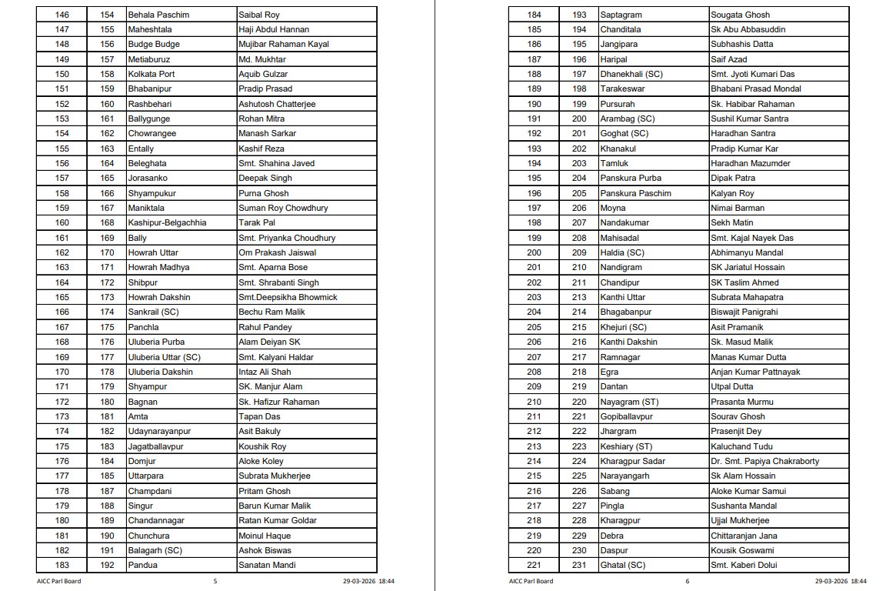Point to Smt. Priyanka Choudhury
pos(287,238)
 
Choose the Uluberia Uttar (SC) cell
pos(164,357)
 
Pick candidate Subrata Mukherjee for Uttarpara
pos(275,476)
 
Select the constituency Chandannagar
pos(156,520)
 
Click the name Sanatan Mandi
pos(267,565)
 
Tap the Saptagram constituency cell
pos(621,15)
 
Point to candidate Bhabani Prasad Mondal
pos(756,88)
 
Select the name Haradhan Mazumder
pos(751,163)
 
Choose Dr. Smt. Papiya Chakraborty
pos(764,461)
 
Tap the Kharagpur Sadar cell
pos(632,461)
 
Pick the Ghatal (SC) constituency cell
pos(622,565)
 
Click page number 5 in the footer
pos(215,581)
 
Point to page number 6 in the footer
pos(688,581)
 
